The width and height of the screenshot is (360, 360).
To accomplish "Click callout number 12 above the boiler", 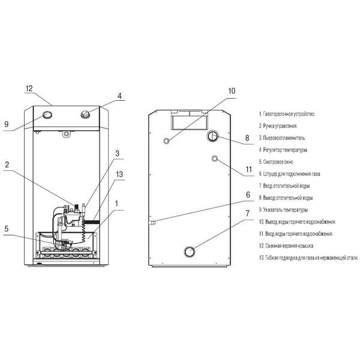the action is (x=29, y=88).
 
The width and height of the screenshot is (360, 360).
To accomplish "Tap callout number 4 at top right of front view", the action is (x=119, y=96).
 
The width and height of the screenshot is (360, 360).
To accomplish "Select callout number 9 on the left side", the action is (x=7, y=124).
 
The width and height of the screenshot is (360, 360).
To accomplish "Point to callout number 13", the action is (x=119, y=174).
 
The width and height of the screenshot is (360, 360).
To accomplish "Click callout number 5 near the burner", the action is (x=7, y=229).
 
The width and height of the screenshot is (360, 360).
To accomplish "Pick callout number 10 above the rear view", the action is (x=232, y=91).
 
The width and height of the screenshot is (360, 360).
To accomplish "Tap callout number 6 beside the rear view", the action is (x=248, y=194).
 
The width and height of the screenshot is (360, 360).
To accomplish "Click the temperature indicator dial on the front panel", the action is (x=47, y=115).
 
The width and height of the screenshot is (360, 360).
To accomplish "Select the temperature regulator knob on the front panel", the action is (x=85, y=114).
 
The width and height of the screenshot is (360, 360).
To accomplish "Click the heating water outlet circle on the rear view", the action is (x=213, y=136).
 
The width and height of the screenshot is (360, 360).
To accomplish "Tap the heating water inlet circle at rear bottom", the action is (x=190, y=251).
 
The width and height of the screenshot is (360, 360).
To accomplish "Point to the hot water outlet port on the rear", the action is (x=167, y=141).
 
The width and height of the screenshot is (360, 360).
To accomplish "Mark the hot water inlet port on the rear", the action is (x=215, y=158).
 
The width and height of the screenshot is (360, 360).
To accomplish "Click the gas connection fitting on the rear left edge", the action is (x=152, y=223).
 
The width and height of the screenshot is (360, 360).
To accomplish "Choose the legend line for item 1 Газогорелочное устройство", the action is (x=287, y=114).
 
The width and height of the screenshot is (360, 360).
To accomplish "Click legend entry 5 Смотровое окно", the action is (x=276, y=162).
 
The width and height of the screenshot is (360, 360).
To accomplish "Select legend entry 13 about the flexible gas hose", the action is (x=308, y=257).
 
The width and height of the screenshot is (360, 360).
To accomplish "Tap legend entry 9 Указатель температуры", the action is (x=284, y=210).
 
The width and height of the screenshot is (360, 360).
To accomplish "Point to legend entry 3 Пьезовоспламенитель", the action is (x=282, y=138).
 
